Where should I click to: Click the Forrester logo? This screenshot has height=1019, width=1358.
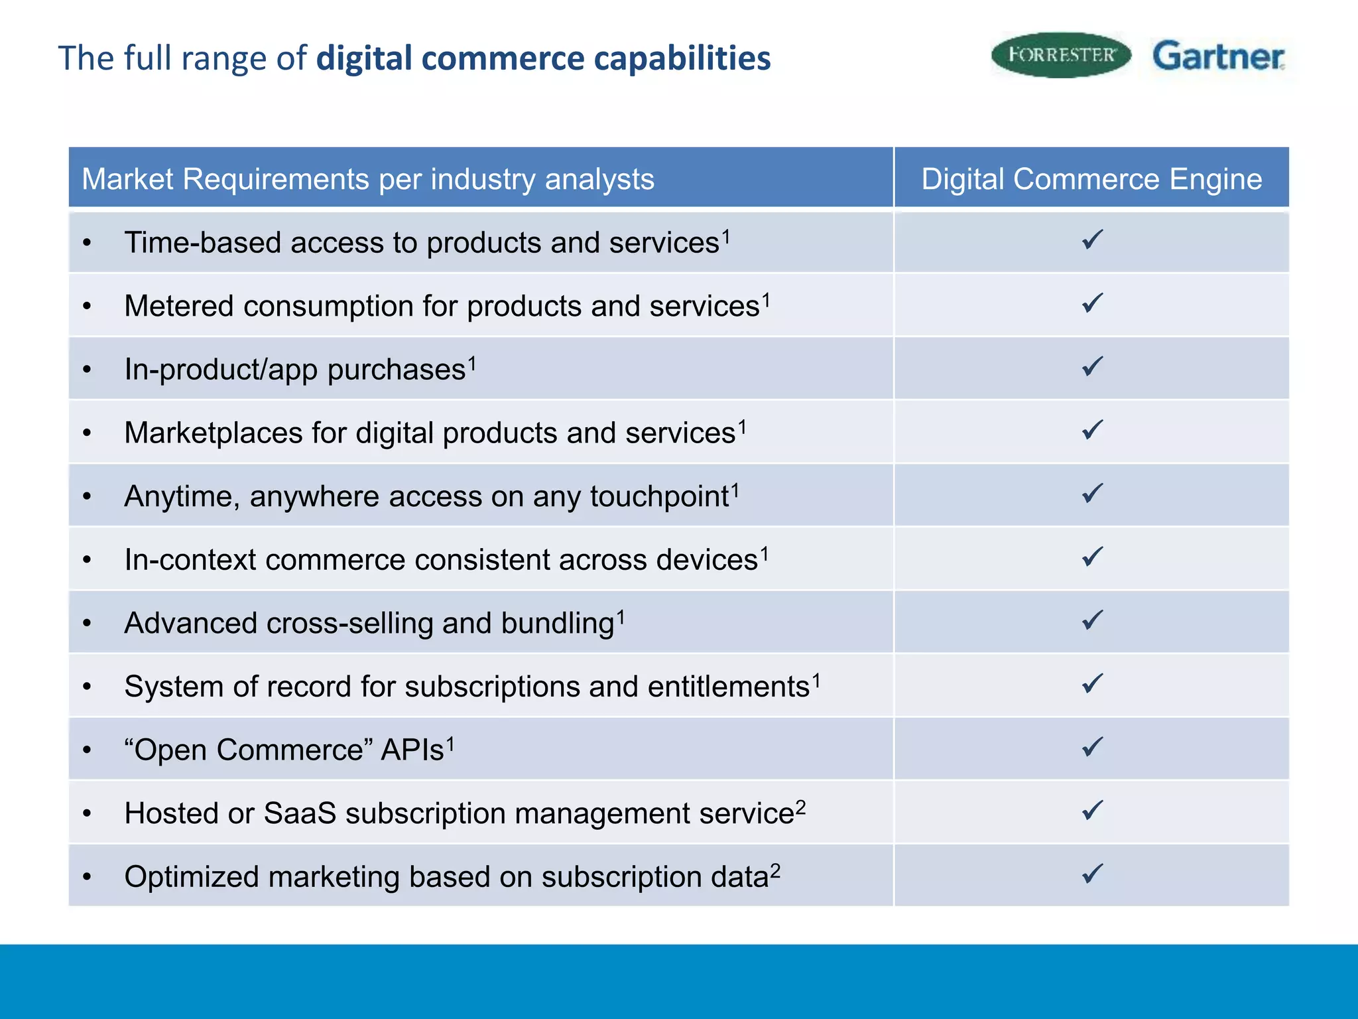(1060, 55)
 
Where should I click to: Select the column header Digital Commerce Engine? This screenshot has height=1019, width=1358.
(1091, 179)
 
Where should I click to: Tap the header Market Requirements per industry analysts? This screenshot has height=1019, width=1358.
(368, 179)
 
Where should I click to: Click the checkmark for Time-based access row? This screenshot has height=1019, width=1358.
(1092, 239)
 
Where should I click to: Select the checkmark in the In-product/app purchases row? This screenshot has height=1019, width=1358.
(1092, 366)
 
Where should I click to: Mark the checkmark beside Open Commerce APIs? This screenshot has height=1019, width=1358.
(1092, 747)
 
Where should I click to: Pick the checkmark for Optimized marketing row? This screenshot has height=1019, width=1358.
(1092, 874)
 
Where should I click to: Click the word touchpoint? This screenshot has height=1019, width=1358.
(659, 497)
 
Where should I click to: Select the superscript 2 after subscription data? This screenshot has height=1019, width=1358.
(775, 870)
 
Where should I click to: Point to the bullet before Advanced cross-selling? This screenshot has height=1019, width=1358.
(87, 624)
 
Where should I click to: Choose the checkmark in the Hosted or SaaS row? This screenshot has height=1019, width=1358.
(1092, 811)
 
